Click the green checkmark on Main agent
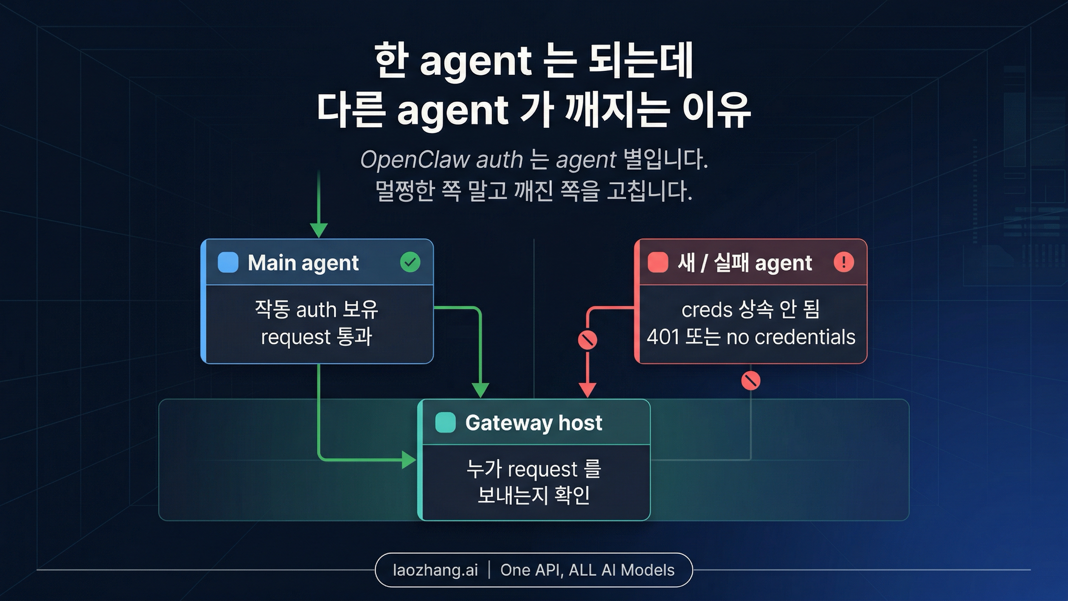[x=410, y=262]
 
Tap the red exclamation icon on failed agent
[x=843, y=262]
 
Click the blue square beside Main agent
[x=228, y=262]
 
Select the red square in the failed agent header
[x=658, y=262]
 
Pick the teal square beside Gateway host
[x=445, y=422]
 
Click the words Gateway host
[x=534, y=422]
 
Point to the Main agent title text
[x=303, y=263]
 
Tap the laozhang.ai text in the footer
[x=435, y=570]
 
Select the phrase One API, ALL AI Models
[x=587, y=570]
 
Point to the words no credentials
[x=791, y=337]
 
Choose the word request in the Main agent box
[x=295, y=337]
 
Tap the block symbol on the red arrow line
[x=587, y=340]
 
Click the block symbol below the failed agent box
[x=751, y=381]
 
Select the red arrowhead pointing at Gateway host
[x=587, y=390]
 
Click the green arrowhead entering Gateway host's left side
[x=409, y=460]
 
